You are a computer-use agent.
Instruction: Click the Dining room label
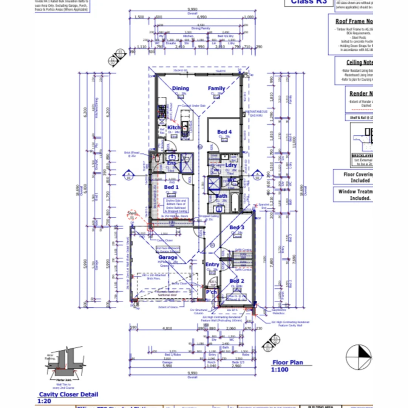[180, 88]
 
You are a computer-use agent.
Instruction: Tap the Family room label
[216, 88]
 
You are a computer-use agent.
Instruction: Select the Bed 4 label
[224, 132]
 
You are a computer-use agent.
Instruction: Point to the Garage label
[168, 258]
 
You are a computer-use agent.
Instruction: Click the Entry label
[212, 264]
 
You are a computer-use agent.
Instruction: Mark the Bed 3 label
[237, 227]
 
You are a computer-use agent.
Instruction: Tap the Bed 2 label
[237, 281]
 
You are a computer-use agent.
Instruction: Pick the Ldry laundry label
[231, 165]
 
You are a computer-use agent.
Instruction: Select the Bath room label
[221, 196]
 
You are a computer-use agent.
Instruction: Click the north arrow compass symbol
[359, 357]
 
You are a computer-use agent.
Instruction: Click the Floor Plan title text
[288, 362]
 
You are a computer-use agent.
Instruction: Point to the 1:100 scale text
[280, 369]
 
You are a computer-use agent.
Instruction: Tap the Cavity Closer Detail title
[68, 394]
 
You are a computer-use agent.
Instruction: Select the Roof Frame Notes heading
[354, 22]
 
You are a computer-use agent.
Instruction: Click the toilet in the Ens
[157, 159]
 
